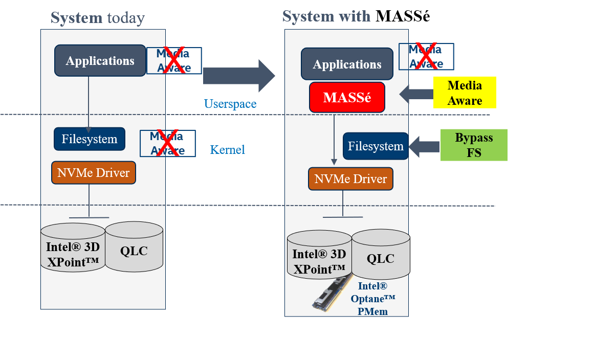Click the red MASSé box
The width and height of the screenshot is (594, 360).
click(347, 97)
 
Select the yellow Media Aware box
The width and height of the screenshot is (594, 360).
click(465, 93)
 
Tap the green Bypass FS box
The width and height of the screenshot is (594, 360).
click(474, 145)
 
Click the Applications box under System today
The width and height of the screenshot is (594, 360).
click(100, 61)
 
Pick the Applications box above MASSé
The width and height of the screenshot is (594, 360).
click(347, 64)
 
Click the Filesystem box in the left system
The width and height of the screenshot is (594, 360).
click(90, 139)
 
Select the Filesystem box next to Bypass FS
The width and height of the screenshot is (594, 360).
click(376, 146)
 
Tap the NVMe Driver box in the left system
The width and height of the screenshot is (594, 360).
click(94, 173)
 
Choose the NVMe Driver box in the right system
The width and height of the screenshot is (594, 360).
click(350, 179)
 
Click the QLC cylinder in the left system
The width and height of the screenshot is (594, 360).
click(134, 251)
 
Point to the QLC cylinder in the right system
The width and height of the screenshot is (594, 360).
click(381, 258)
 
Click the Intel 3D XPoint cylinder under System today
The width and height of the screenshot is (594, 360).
click(73, 254)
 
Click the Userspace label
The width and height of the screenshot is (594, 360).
click(230, 104)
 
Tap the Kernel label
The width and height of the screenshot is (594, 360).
click(228, 150)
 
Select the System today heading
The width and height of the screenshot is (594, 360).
click(97, 18)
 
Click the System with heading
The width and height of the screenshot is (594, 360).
click(326, 16)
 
